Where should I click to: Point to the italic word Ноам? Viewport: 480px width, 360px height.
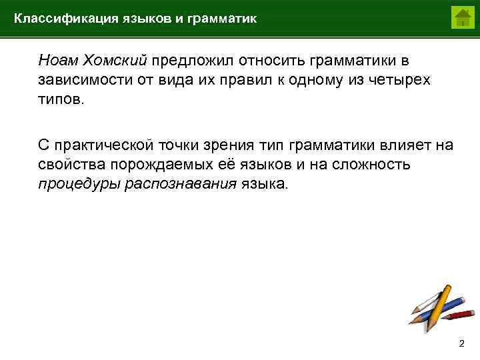(58, 61)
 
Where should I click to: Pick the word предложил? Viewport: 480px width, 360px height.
(186, 61)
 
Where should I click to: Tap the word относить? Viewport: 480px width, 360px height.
(259, 61)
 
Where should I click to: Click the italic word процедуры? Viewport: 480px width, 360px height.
(78, 183)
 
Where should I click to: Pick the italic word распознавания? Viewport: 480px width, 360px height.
(181, 183)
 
